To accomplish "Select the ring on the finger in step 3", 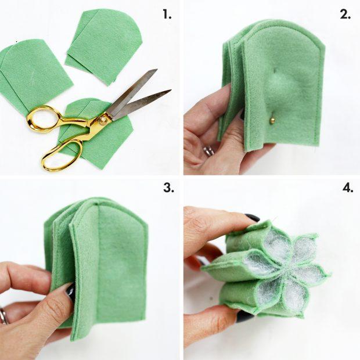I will click(3, 316).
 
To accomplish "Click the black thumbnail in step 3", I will click(71, 290).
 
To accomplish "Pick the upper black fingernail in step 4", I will click(251, 218).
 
